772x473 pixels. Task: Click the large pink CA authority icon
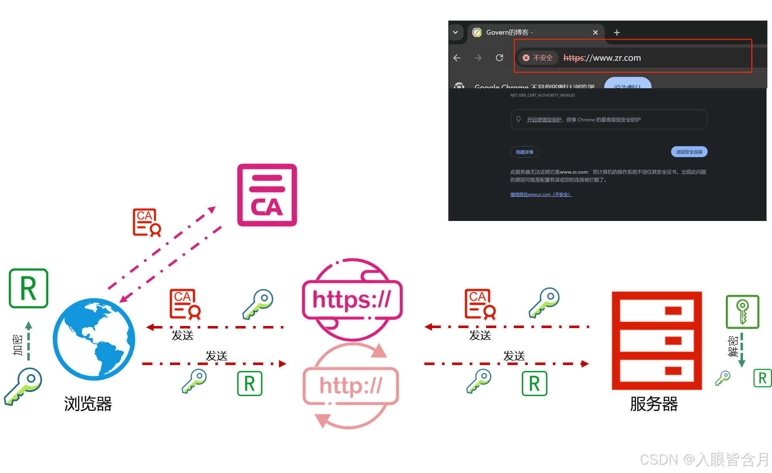pyautogui.click(x=267, y=195)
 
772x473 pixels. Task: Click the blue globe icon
pyautogui.click(x=94, y=339)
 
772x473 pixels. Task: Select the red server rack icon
pyautogui.click(x=657, y=340)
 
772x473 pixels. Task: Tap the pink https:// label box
pyautogui.click(x=352, y=300)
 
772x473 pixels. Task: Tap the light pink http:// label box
pyautogui.click(x=351, y=386)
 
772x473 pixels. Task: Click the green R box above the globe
pyautogui.click(x=29, y=289)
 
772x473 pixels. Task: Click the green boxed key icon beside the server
pyautogui.click(x=742, y=312)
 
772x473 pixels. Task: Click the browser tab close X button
pyautogui.click(x=595, y=32)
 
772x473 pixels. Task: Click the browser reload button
pyautogui.click(x=499, y=58)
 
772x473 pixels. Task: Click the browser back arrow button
pyautogui.click(x=457, y=58)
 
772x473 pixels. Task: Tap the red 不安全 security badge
pyautogui.click(x=538, y=58)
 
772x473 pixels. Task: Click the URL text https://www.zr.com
pyautogui.click(x=602, y=58)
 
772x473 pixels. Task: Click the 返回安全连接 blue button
pyautogui.click(x=689, y=152)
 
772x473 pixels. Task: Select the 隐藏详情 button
pyautogui.click(x=524, y=152)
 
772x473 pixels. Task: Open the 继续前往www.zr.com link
pyautogui.click(x=541, y=194)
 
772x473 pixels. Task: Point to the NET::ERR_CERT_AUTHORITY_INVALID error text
pyautogui.click(x=542, y=95)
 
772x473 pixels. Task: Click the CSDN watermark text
pyautogui.click(x=704, y=459)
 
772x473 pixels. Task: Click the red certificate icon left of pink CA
pyautogui.click(x=147, y=222)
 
